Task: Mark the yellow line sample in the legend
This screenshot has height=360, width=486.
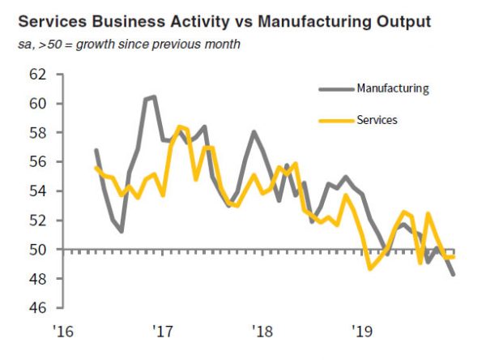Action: click(335, 120)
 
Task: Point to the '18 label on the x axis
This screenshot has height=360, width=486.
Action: click(262, 331)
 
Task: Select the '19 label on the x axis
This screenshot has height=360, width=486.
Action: click(361, 331)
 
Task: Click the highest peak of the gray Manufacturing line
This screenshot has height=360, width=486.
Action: click(155, 96)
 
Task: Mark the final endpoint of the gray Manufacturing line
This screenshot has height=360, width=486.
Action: click(453, 275)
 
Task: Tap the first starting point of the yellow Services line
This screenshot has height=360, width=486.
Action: click(96, 168)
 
